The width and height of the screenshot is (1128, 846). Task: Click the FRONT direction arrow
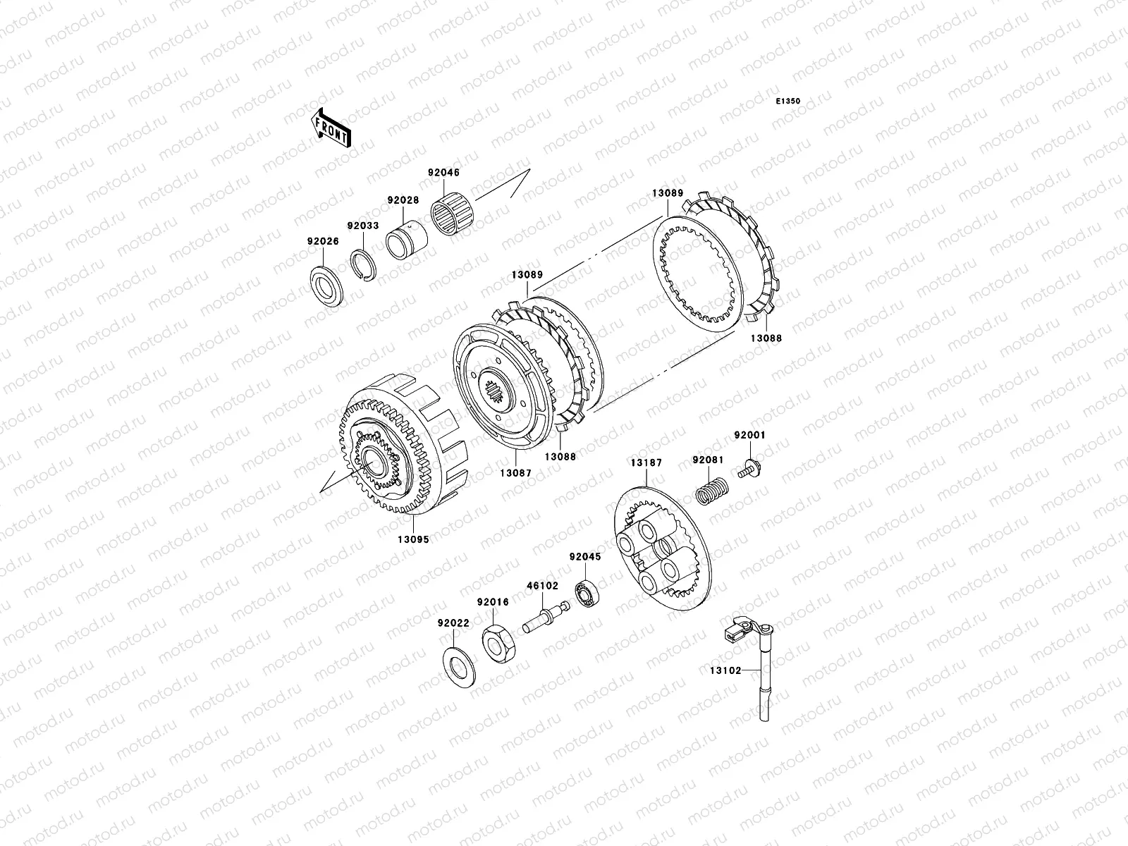tap(331, 128)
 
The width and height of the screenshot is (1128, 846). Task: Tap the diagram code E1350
tap(787, 102)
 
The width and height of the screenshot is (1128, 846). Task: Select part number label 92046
tap(443, 173)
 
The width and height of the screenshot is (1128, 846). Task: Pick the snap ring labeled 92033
tap(363, 265)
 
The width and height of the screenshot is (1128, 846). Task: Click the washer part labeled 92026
tap(326, 287)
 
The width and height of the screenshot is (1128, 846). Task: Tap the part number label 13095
tap(413, 539)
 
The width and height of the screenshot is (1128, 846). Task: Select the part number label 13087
tap(515, 473)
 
